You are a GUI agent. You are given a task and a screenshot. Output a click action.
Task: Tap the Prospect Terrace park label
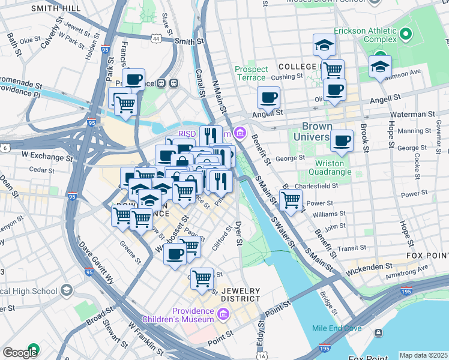coord(251,73)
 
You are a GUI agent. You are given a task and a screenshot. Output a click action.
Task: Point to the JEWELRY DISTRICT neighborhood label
coord(241,294)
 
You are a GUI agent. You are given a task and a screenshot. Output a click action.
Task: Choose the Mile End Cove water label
coord(336,328)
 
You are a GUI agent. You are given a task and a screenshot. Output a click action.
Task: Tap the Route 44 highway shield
coord(156,38)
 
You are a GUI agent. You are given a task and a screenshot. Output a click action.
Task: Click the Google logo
coord(19,353)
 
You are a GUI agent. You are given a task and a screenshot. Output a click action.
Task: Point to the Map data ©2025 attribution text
coord(423,355)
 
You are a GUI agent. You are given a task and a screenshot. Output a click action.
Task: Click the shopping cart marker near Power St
coord(291,200)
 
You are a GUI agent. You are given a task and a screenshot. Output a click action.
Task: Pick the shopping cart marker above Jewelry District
coord(202,278)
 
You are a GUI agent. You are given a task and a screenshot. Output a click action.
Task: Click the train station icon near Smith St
coord(174,83)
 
